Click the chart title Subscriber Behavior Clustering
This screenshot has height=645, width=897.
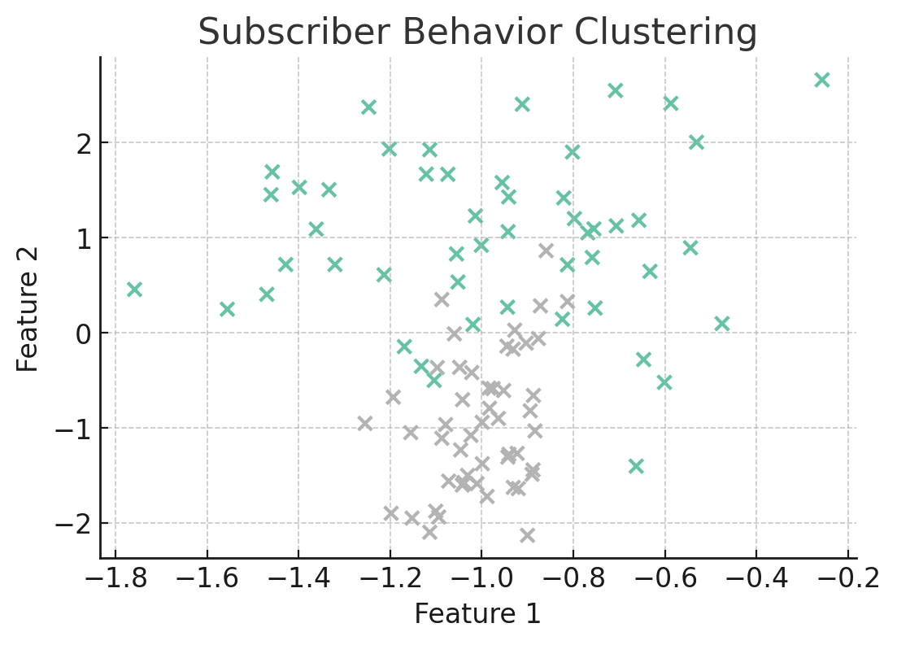[477, 33]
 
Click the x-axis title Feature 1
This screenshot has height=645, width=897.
[477, 614]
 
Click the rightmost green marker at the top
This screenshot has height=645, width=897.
[822, 80]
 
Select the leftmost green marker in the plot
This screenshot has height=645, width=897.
[134, 290]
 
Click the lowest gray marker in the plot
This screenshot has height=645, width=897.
[527, 535]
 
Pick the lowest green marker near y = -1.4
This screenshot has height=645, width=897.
[636, 466]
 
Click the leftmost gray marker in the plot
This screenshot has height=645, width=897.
[364, 424]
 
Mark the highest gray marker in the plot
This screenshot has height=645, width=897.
[546, 251]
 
